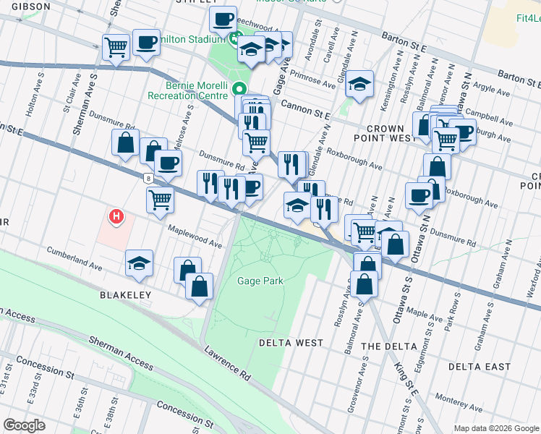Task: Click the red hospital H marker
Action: coord(115,216)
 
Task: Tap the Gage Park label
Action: coord(260,281)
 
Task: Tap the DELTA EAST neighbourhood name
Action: coord(479,367)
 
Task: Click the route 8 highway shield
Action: coord(148,177)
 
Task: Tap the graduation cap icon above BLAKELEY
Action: coord(139,263)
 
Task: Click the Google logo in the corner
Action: coord(24,425)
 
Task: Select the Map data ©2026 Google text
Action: coord(495,428)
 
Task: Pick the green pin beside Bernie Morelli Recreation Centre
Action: coord(240,90)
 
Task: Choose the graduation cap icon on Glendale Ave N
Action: coord(359,84)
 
